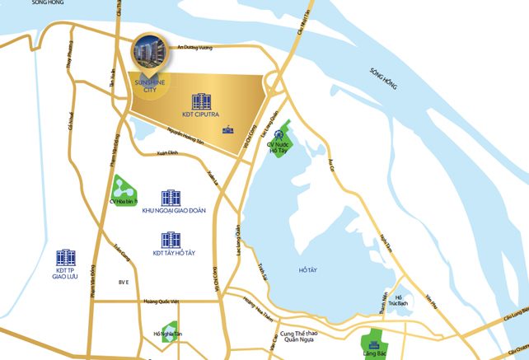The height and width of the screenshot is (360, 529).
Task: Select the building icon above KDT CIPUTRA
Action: [201, 101]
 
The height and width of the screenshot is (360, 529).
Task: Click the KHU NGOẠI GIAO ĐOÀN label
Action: [173, 211]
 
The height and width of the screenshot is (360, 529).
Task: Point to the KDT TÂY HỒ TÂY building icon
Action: [171, 240]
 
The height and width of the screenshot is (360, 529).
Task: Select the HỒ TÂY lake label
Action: [307, 269]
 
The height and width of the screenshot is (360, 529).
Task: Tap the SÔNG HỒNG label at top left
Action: [30, 4]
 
